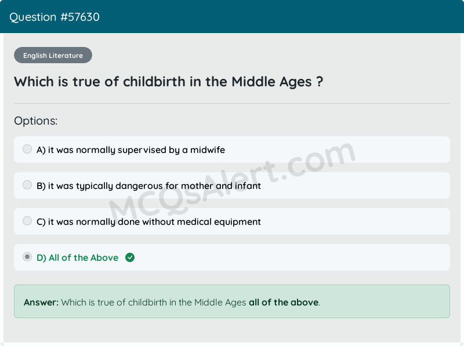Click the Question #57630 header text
pyautogui.click(x=55, y=17)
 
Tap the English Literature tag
pyautogui.click(x=53, y=56)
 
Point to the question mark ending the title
pyautogui.click(x=320, y=82)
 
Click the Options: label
pyautogui.click(x=36, y=121)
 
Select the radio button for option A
pyautogui.click(x=27, y=150)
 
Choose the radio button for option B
pyautogui.click(x=27, y=186)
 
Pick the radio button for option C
pyautogui.click(x=27, y=221)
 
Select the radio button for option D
pyautogui.click(x=27, y=257)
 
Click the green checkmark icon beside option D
pyautogui.click(x=130, y=257)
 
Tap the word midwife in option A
pyautogui.click(x=208, y=150)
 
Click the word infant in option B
pyautogui.click(x=248, y=186)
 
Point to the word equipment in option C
pyautogui.click(x=234, y=222)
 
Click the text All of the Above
pyautogui.click(x=84, y=258)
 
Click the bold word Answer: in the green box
pyautogui.click(x=41, y=302)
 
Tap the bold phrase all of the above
pyautogui.click(x=284, y=302)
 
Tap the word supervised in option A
pyautogui.click(x=142, y=150)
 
